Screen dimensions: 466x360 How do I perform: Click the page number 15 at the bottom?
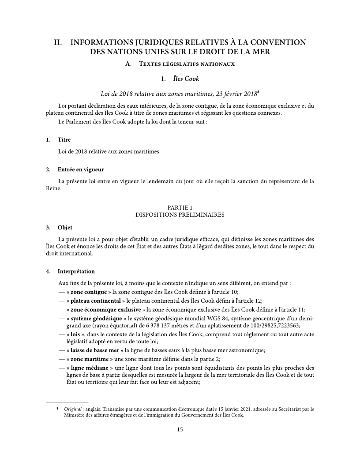point(180,429)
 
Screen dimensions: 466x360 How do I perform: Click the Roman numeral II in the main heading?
point(57,43)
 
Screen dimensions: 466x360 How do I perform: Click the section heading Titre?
point(64,140)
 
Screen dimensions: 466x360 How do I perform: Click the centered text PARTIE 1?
point(180,207)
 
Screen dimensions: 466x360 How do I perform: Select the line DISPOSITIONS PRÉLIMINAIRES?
point(180,215)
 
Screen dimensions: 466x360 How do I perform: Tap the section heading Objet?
point(65,228)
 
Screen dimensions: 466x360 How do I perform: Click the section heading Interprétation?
point(76,271)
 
